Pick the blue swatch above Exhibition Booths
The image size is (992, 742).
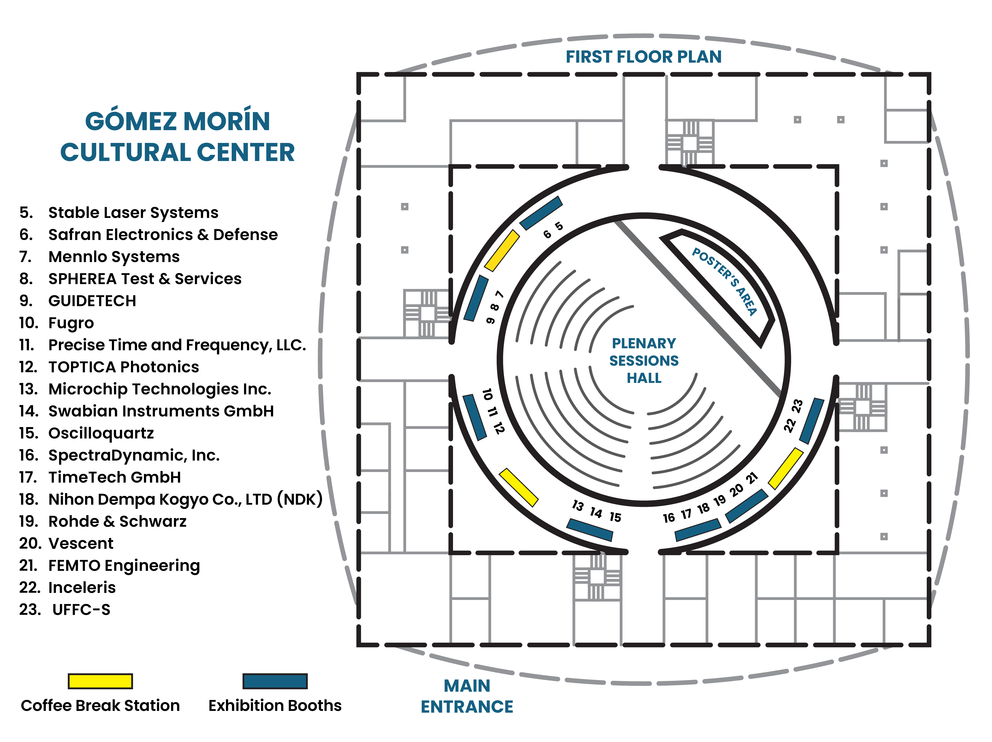click(275, 681)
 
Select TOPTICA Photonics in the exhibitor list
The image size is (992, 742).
click(123, 367)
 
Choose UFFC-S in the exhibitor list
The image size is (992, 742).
click(81, 610)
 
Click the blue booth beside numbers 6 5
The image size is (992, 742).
click(541, 213)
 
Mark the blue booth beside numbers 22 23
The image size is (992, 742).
click(812, 421)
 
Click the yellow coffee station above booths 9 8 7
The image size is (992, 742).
click(502, 250)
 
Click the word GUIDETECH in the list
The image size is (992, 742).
click(92, 301)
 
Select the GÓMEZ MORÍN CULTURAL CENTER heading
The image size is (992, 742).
click(178, 136)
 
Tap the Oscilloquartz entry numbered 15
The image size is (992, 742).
click(101, 433)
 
